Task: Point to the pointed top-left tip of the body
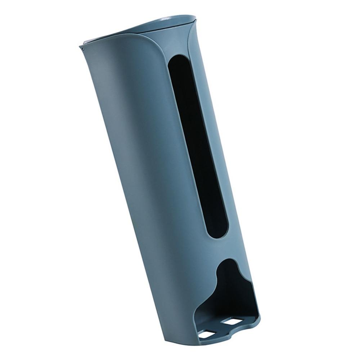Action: coord(79,46)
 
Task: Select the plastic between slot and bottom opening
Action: coord(223,248)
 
